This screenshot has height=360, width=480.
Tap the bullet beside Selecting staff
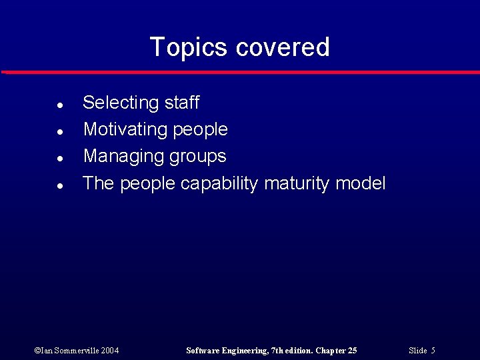pyautogui.click(x=60, y=105)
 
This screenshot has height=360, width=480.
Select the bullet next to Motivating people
pyautogui.click(x=60, y=132)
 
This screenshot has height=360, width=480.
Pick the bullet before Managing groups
pyautogui.click(x=60, y=159)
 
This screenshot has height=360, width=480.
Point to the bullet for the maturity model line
pyautogui.click(x=60, y=186)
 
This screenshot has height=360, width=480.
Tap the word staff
pyautogui.click(x=181, y=103)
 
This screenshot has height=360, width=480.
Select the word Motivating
pyautogui.click(x=125, y=130)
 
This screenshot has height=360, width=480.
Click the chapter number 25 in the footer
pyautogui.click(x=351, y=351)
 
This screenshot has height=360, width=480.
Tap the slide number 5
pyautogui.click(x=433, y=351)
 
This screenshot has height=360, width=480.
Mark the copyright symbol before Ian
pyautogui.click(x=37, y=351)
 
